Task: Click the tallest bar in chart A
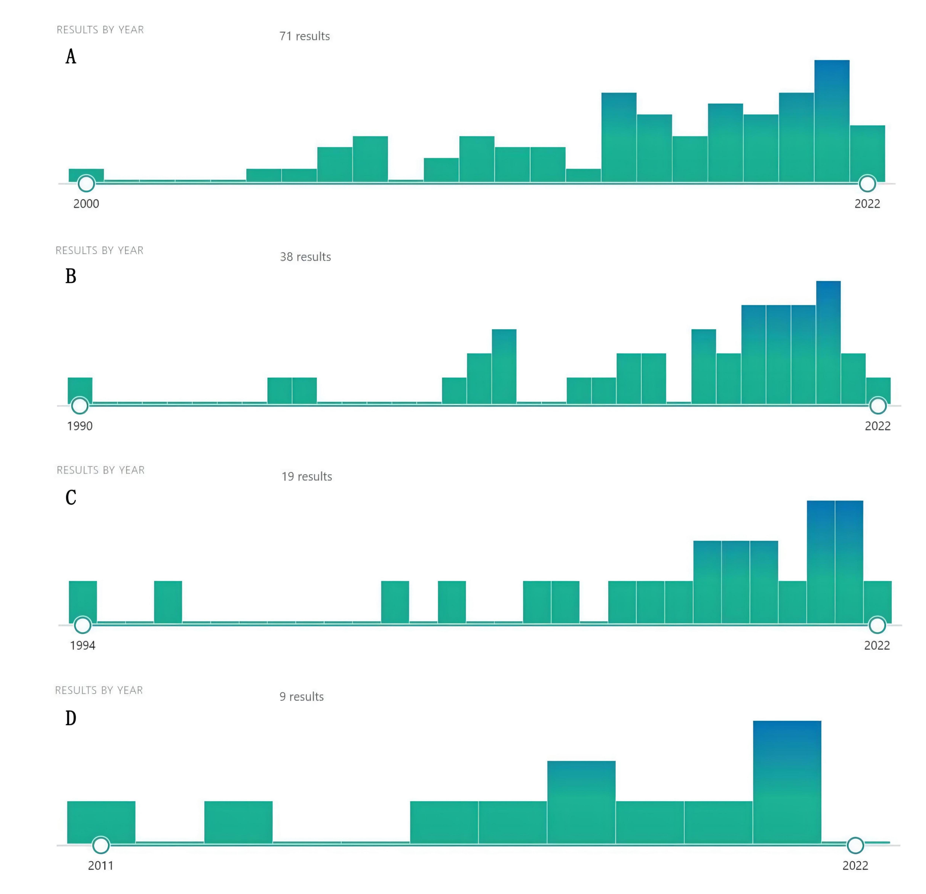click(832, 121)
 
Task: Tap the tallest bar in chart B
click(828, 343)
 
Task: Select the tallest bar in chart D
click(787, 782)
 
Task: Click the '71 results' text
click(304, 36)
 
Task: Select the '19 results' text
click(307, 477)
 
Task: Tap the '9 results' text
click(302, 697)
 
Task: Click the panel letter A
click(71, 57)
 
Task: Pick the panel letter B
click(71, 276)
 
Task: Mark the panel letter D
click(71, 718)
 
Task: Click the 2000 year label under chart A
click(86, 204)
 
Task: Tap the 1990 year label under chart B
click(79, 426)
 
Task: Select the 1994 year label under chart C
click(82, 646)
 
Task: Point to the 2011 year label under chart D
click(101, 866)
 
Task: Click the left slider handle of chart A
click(86, 183)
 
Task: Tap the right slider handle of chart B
click(878, 405)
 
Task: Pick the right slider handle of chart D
click(855, 845)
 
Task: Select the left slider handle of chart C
click(83, 625)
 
